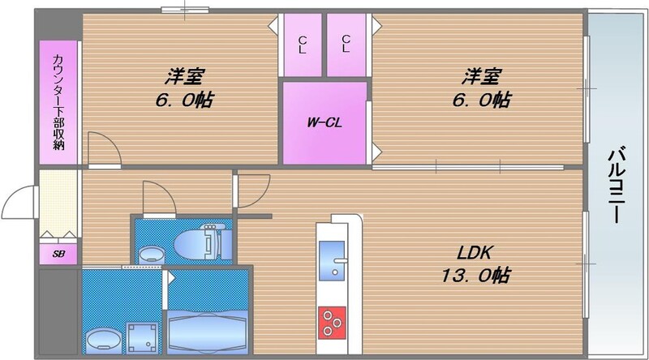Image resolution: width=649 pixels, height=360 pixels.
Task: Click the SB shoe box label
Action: pos(58,255)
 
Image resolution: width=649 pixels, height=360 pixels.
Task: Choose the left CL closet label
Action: pos(302,44)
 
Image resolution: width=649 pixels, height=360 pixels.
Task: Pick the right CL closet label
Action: pos(346,44)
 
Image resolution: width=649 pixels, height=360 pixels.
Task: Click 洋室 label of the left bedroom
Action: pos(184,78)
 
